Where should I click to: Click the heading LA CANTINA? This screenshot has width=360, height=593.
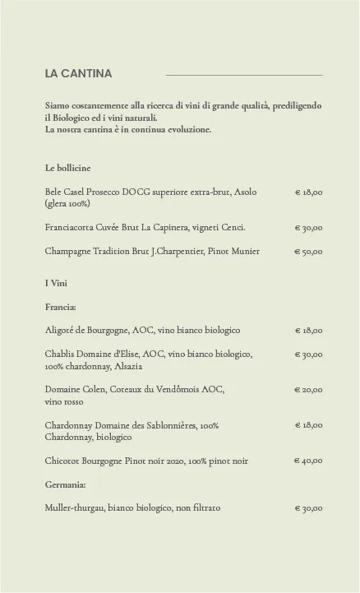[x=78, y=74]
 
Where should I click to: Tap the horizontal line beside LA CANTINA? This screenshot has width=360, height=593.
[x=244, y=75]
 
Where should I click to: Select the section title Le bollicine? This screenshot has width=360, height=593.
[x=68, y=168]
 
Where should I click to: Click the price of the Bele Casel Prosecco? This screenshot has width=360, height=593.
[x=308, y=192]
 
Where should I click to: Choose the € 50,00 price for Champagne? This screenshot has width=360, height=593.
[x=308, y=252]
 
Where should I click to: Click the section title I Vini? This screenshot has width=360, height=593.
[x=56, y=283]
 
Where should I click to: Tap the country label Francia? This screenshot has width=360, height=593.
[x=61, y=307]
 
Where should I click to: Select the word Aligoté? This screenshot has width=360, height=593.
[x=60, y=331]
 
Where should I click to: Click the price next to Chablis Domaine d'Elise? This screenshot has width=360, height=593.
[x=308, y=354]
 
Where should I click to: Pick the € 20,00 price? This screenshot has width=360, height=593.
[x=308, y=390]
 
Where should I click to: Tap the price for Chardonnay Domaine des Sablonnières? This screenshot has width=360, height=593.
[x=308, y=426]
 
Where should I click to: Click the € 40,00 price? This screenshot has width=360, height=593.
[x=308, y=461]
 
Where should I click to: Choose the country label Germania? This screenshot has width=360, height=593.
[x=66, y=484]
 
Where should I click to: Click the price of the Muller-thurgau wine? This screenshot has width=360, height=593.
[x=308, y=508]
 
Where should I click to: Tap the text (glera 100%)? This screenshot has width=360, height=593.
[x=67, y=203]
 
